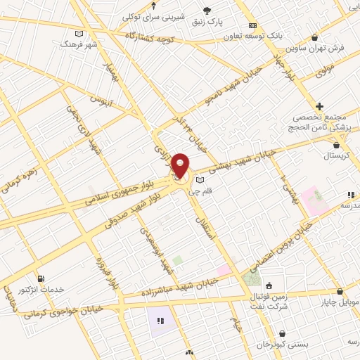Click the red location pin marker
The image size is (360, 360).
[180, 165]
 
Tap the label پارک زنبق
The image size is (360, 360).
[208, 22]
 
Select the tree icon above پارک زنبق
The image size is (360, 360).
[207, 10]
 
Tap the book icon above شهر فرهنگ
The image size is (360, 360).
[78, 33]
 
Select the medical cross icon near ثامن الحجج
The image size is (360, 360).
[319, 105]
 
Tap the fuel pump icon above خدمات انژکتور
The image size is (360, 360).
[41, 278]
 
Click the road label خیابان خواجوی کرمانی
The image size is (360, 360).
[67, 309]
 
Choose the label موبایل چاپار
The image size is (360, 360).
[339, 302]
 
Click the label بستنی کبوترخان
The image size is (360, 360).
[281, 345]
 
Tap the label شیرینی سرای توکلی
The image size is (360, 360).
[153, 16]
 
